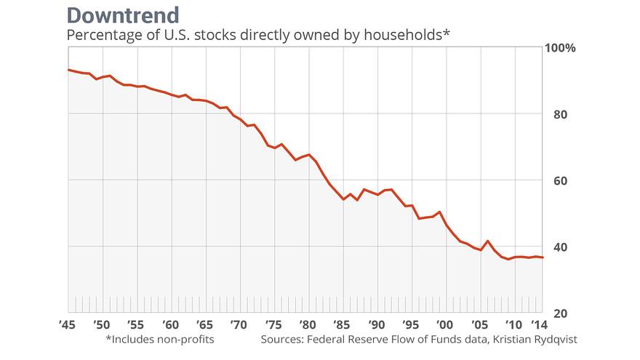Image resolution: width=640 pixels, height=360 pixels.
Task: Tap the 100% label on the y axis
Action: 560,48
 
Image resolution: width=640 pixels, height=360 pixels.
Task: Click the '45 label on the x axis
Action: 68,324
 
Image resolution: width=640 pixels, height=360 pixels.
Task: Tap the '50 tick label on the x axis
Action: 102,324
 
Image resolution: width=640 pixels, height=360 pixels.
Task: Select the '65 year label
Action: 204,324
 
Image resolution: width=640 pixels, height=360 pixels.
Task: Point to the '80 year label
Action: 307,324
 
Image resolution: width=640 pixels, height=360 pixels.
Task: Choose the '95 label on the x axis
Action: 409,324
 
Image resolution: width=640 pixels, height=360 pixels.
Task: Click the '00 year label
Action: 444,324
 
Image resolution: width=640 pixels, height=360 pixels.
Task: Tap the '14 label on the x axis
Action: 540,324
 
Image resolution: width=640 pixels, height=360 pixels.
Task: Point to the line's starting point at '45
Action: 68,70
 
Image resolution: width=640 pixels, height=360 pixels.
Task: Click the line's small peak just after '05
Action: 487,241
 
